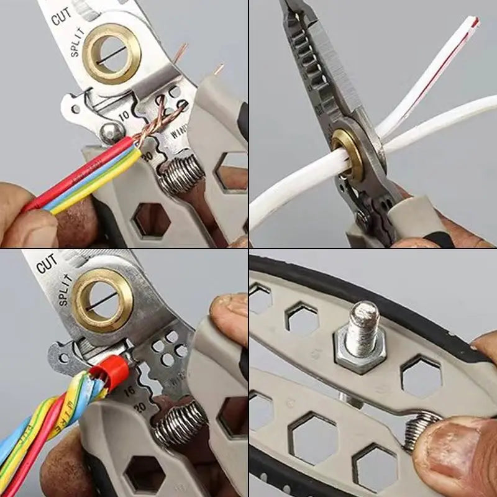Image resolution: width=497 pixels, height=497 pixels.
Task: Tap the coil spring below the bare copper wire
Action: pyautogui.click(x=182, y=175)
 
